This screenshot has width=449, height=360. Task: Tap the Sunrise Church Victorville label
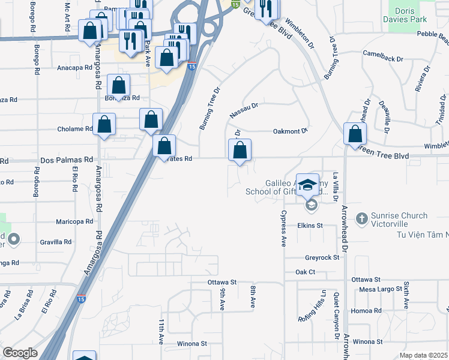coord(399,221)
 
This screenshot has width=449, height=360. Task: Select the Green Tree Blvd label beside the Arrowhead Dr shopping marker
coord(385,156)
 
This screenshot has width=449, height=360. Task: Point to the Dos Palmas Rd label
coord(67,160)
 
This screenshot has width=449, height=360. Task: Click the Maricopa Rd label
coord(74,221)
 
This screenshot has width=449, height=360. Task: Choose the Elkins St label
coord(310,226)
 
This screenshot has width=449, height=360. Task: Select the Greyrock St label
coord(322,257)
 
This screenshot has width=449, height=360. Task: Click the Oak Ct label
coord(305,272)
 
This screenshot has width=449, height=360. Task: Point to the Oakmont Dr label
coord(290,131)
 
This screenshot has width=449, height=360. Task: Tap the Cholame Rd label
coord(74,128)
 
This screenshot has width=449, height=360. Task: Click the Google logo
coord(20,353)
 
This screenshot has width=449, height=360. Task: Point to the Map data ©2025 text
coord(423,355)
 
